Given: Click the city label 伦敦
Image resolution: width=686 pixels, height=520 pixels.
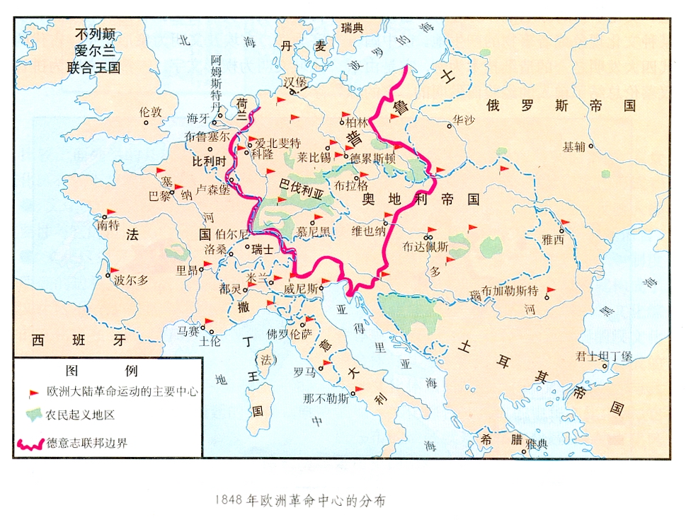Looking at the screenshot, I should tap(151, 112).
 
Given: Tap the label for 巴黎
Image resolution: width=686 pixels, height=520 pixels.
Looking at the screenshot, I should tap(160, 196).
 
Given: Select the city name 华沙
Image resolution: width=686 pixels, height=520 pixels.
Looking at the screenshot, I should tap(464, 119).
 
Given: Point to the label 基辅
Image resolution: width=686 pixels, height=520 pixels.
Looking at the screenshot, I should tap(574, 147).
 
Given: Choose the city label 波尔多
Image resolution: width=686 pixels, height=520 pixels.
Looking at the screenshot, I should tap(131, 279).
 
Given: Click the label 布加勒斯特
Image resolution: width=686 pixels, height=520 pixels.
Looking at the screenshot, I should tap(510, 291).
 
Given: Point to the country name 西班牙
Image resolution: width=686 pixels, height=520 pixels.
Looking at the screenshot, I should tap(79, 340).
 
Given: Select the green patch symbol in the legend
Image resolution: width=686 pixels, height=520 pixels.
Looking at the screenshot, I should tap(33, 415).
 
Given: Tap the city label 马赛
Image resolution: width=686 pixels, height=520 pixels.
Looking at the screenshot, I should tap(188, 330).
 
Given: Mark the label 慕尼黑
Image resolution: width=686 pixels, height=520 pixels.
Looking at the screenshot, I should tap(313, 231).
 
